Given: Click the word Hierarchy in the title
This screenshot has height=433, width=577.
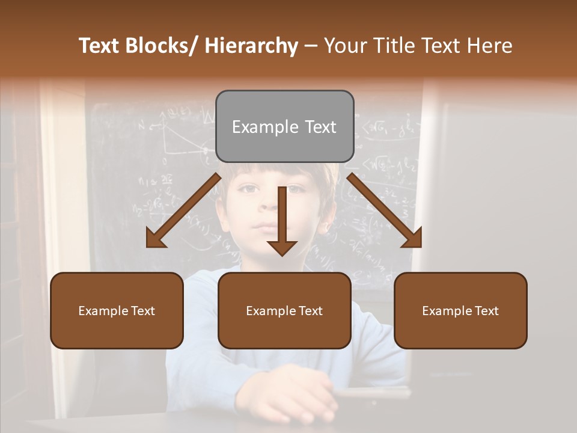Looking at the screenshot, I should click(x=251, y=46).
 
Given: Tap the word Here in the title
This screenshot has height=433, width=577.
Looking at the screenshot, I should click(x=490, y=46).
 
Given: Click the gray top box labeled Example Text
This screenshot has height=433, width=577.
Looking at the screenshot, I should click(x=284, y=126).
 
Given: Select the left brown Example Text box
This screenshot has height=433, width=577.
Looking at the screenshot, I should click(x=117, y=310).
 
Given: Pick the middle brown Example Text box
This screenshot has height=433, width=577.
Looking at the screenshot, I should click(x=284, y=310).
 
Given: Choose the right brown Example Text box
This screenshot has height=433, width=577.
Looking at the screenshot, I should click(x=460, y=310).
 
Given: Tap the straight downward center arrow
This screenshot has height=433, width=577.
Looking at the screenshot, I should click(x=282, y=220).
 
